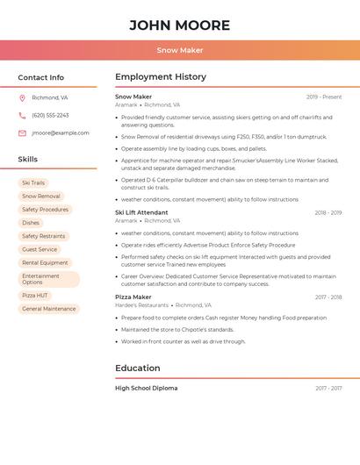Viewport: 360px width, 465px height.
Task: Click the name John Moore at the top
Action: (180, 25)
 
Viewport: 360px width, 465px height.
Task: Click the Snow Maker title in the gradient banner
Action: (180, 50)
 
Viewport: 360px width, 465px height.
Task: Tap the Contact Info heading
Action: (41, 77)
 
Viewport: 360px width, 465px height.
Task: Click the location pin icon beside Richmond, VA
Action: (22, 97)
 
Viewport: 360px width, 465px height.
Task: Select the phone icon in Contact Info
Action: (22, 115)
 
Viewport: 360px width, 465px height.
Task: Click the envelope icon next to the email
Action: (22, 132)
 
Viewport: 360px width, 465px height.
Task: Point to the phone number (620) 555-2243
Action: (50, 115)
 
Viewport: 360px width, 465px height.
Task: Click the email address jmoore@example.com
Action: (61, 132)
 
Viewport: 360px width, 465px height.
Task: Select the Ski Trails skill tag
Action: (33, 183)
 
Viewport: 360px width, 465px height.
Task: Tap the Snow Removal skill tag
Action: (41, 197)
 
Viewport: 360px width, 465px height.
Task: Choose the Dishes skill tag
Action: (31, 223)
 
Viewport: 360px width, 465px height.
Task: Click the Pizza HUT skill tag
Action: (35, 296)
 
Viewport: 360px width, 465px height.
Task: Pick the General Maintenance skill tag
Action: (49, 309)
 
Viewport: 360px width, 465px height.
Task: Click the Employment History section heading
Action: (161, 77)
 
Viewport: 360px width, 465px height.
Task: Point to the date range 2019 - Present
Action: (324, 97)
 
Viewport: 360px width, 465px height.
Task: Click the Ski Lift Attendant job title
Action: (141, 212)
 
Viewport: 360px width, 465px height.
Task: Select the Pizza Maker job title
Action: (133, 297)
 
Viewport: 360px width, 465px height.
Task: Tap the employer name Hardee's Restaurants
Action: (141, 305)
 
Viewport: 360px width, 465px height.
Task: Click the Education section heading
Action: (138, 368)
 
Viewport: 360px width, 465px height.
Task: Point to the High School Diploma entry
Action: (147, 388)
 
